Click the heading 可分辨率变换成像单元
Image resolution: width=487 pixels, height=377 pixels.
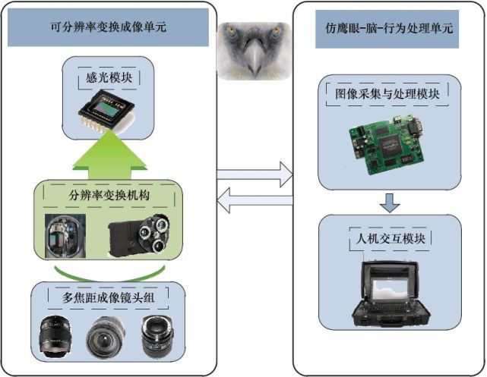click(109, 27)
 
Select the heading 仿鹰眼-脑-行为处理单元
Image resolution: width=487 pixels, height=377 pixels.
click(389, 28)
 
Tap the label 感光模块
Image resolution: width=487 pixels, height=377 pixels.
click(109, 77)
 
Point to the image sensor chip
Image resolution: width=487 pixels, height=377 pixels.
click(106, 112)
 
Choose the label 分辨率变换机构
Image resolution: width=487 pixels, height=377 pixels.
click(109, 195)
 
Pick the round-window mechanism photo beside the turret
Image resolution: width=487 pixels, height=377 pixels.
click(65, 236)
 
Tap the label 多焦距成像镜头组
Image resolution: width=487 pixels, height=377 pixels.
click(108, 298)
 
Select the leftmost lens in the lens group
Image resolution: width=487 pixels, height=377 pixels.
click(55, 337)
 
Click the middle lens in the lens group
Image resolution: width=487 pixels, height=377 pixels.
click(106, 338)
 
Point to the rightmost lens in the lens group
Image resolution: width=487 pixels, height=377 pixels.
click(157, 337)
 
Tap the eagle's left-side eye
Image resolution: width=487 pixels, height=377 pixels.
click(230, 30)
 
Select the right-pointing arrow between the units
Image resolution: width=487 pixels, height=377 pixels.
click(255, 174)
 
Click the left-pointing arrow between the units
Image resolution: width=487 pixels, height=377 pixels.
click(255, 200)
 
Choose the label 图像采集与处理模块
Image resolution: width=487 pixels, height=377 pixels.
click(387, 93)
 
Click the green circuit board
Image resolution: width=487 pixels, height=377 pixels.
click(387, 144)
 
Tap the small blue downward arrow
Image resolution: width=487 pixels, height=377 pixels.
click(390, 203)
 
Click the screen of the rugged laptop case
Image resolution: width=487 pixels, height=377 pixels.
click(391, 290)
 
